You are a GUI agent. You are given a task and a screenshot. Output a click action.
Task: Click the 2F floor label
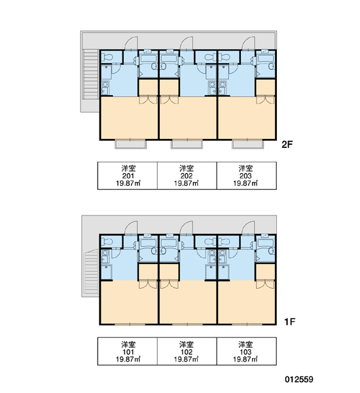[287, 145]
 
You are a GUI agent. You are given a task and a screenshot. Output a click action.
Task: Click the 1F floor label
[289, 322]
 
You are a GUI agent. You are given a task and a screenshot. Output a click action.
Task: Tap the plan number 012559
[299, 379]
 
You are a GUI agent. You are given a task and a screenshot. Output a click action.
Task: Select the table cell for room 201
[128, 176]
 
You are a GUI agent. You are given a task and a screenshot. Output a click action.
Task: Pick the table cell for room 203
[247, 176]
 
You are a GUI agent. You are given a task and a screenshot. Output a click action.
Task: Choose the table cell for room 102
[187, 351]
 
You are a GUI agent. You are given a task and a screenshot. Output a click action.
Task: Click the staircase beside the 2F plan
[90, 75]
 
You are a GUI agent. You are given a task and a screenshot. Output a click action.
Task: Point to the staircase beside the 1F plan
[92, 271]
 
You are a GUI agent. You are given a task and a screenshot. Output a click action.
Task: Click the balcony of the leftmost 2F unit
[130, 144]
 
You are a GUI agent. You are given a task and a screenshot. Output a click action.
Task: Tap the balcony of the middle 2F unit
[187, 144]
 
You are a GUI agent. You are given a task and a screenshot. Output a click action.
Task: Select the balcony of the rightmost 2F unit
[248, 144]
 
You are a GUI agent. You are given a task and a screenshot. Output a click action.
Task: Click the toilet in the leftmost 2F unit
[107, 58]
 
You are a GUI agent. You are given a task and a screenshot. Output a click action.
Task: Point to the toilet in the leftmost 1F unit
[107, 242]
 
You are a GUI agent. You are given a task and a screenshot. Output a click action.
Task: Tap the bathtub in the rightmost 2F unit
[266, 59]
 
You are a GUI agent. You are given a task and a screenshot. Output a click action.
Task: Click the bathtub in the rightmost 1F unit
[266, 243]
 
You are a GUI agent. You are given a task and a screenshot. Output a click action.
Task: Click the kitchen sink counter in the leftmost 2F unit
[105, 88]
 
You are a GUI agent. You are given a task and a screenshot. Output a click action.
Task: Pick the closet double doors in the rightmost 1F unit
[265, 284]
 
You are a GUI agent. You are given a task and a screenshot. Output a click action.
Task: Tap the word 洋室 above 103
[245, 344]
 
